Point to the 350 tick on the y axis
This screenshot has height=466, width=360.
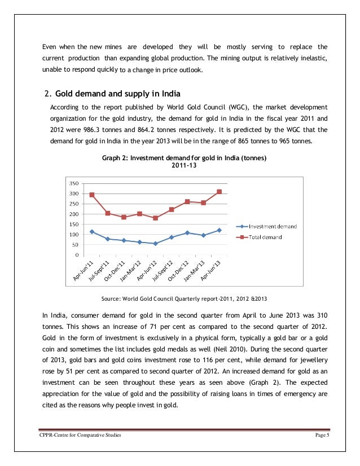pos(73,183)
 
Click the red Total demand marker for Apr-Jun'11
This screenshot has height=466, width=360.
pos(92,195)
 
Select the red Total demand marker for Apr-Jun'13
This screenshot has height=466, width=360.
pos(219,192)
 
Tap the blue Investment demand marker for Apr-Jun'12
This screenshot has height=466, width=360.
pos(155,244)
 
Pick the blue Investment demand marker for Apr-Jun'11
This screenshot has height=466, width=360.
pos(92,231)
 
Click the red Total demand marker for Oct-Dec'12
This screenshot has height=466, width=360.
pos(187,201)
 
